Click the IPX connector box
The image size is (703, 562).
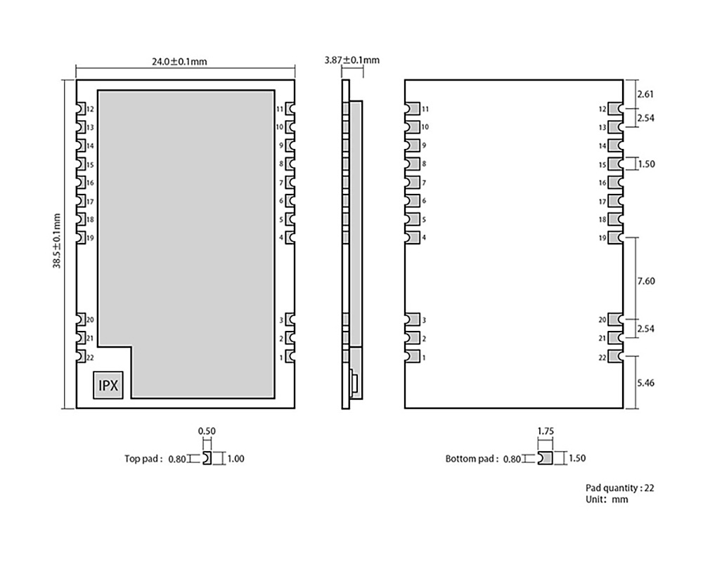coord(109,386)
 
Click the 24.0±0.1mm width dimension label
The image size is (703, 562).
coord(179,61)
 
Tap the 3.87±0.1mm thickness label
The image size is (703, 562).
coord(351,60)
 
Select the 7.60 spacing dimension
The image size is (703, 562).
coord(645,281)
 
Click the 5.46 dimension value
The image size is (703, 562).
coord(645,384)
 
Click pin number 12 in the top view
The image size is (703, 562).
coord(90,109)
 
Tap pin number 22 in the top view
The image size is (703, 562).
coord(90,358)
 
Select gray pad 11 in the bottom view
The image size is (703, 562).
coord(412,109)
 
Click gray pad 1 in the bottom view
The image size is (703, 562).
coord(412,358)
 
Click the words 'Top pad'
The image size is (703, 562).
coord(141,459)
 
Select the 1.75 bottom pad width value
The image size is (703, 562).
coord(545,431)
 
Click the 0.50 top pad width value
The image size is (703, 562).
coord(206,431)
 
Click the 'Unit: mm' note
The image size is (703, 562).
coord(607,499)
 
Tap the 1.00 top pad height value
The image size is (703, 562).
coord(237,459)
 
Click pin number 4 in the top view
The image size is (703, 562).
coord(281,237)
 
